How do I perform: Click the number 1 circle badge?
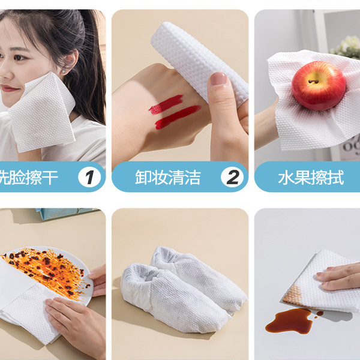90,177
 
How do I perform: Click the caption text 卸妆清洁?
167,178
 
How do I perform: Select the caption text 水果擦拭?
311,178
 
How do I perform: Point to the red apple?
318,86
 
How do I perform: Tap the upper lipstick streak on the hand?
166,104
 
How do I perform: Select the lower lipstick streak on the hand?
178,117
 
